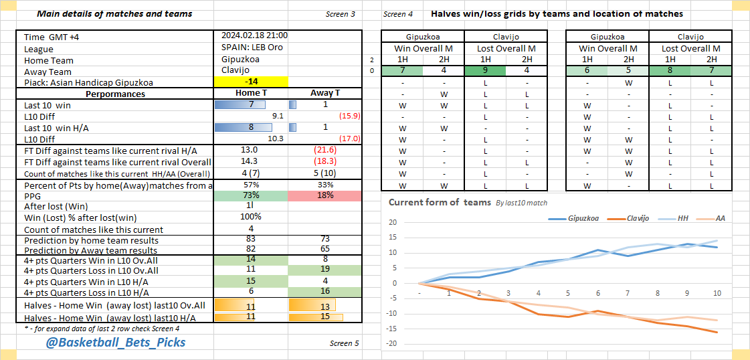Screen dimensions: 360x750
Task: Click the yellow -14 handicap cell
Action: click(x=251, y=82)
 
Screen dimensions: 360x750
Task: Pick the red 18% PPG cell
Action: click(x=324, y=195)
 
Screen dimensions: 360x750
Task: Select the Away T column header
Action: click(x=324, y=94)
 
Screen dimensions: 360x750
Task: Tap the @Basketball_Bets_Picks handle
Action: click(x=116, y=343)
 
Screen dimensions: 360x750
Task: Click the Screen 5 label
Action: click(x=344, y=343)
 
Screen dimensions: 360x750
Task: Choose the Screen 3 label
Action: click(x=341, y=14)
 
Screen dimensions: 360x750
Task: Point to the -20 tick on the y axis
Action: click(x=393, y=343)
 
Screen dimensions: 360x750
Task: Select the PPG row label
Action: click(x=33, y=195)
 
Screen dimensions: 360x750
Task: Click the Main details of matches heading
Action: click(x=114, y=13)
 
